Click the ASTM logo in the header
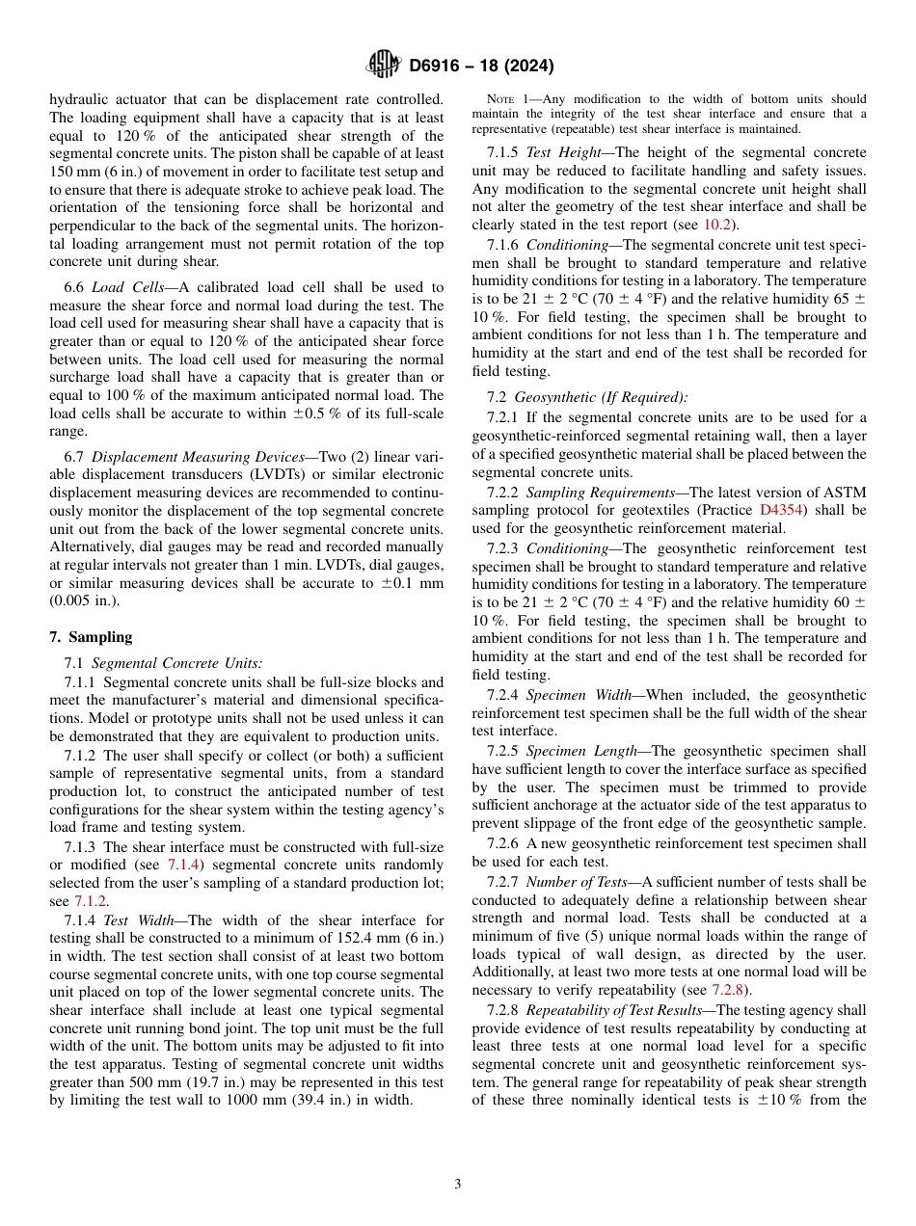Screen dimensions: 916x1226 (x=384, y=65)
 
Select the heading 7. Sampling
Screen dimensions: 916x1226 (x=91, y=637)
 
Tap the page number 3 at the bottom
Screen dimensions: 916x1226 (x=457, y=1185)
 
